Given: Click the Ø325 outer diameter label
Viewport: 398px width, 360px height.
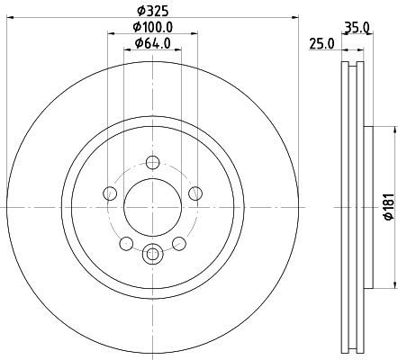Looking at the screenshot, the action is tap(153, 11).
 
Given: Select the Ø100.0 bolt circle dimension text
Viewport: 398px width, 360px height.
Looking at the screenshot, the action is tap(153, 27).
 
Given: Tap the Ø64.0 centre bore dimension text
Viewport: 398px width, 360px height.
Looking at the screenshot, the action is tap(153, 43).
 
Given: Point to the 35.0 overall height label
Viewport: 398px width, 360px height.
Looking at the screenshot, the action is tap(357, 28).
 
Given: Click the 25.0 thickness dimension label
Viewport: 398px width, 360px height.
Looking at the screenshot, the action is tap(321, 44).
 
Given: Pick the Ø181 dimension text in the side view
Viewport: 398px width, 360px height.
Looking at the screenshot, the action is tap(389, 207).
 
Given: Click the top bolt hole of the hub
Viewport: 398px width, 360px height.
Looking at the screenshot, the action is tap(153, 163).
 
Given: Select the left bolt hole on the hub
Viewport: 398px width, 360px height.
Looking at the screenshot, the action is tap(110, 193).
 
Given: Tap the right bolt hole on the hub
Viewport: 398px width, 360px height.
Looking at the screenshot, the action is tap(195, 193).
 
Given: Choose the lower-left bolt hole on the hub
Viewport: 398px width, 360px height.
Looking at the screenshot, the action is tap(126, 243).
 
